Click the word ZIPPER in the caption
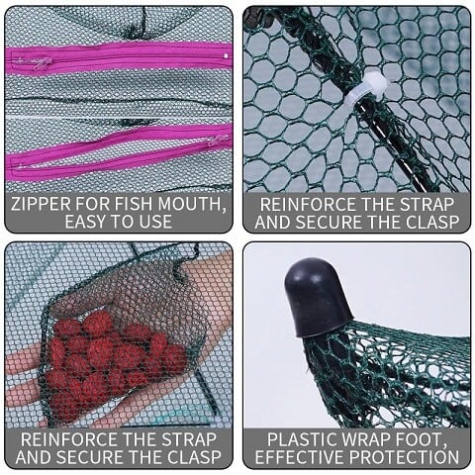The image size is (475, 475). click(41, 204)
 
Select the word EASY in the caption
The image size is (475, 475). click(86, 222)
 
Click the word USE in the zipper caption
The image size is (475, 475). click(155, 222)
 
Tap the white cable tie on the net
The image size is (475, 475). click(368, 90)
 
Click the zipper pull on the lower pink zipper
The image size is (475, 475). click(215, 142)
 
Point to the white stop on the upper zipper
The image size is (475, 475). click(226, 56)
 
